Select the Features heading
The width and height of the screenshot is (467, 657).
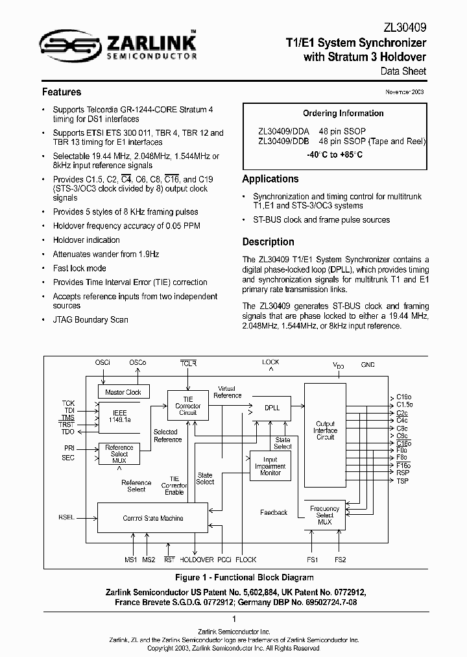click(x=62, y=92)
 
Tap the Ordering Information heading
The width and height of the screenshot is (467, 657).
click(x=334, y=113)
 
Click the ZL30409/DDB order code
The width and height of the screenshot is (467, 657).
click(x=283, y=141)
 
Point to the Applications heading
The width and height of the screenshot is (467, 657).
click(x=270, y=179)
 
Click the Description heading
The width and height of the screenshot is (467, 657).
click(x=268, y=242)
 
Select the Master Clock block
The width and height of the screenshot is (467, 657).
click(x=123, y=392)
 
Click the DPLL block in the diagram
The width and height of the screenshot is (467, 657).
click(x=272, y=408)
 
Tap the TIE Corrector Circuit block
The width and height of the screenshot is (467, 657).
click(x=188, y=406)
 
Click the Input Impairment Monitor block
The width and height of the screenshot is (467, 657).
click(x=270, y=466)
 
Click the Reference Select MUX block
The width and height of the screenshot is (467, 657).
click(x=119, y=453)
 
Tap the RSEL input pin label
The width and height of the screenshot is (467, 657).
click(x=66, y=517)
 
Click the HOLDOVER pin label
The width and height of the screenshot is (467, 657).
click(x=197, y=560)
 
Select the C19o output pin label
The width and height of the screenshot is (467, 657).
click(x=404, y=396)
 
